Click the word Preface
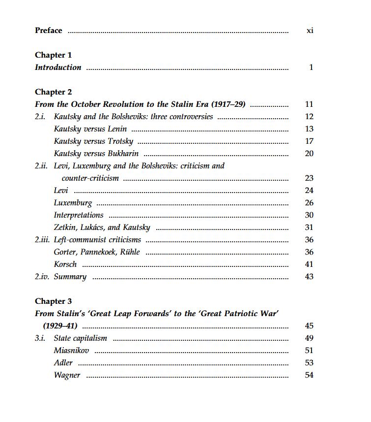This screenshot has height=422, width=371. [48, 31]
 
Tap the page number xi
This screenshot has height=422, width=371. [310, 31]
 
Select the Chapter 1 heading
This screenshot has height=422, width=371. [53, 55]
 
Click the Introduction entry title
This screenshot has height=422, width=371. [58, 67]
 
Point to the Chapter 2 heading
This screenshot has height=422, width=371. [53, 92]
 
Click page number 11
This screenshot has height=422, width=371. [309, 104]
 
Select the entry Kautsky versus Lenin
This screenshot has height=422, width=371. [90, 129]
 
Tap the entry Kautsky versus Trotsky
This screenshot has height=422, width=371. [93, 141]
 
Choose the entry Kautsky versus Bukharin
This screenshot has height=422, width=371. [96, 154]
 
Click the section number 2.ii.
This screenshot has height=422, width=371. [41, 166]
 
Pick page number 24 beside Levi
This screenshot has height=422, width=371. [309, 191]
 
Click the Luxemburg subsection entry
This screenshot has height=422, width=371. [73, 203]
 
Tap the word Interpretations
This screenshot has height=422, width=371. [79, 215]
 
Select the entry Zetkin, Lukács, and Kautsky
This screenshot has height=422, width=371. [102, 227]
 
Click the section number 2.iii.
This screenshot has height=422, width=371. [42, 240]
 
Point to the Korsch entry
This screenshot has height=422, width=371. [65, 264]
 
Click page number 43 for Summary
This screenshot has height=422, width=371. [309, 277]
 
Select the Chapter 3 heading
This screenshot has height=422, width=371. [53, 301]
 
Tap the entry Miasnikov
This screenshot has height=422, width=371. [71, 351]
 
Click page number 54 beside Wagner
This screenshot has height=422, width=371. [309, 375]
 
